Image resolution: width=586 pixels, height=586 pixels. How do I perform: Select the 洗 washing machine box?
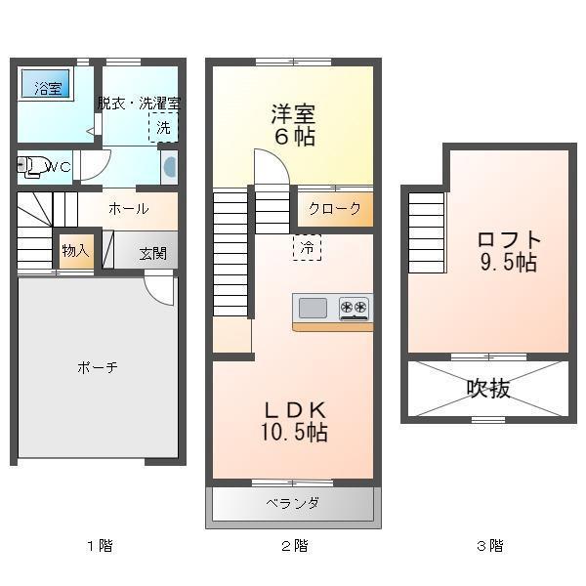click(164, 127)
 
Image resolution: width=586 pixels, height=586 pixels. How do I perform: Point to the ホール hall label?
click(128, 208)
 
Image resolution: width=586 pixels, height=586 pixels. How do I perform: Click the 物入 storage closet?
click(75, 251)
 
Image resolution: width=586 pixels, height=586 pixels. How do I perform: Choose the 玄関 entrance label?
click(152, 253)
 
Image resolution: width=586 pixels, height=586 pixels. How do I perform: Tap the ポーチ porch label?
click(98, 367)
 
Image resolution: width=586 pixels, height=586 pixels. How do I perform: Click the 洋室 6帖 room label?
click(293, 124)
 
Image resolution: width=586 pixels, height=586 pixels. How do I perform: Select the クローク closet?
click(334, 208)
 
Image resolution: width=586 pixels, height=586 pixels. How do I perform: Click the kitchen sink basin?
click(314, 309)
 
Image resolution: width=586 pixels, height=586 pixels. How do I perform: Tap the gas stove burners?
click(355, 309)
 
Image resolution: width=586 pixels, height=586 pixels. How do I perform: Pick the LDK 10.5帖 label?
click(293, 420)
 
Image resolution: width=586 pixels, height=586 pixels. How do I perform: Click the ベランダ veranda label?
click(292, 504)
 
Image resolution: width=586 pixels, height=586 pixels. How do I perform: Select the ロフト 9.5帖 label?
click(508, 251)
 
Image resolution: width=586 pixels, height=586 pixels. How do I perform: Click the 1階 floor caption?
click(100, 546)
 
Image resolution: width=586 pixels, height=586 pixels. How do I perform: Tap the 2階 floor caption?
click(294, 546)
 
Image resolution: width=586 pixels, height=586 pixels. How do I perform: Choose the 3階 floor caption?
click(489, 546)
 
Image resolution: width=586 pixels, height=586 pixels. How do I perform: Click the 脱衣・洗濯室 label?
click(138, 103)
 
